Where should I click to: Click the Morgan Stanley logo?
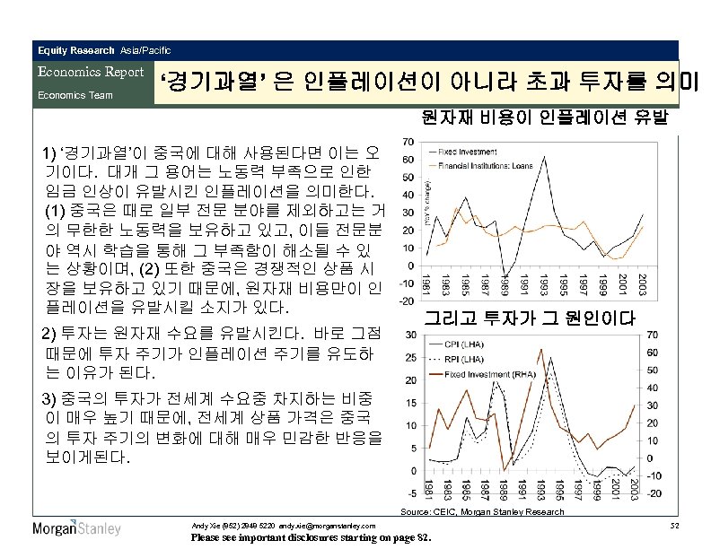coord(76,528)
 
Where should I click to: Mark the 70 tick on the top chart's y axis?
coord(407,142)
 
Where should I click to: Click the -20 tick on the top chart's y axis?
coord(405,301)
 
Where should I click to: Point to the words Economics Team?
coord(75,94)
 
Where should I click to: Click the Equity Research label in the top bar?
coord(76,50)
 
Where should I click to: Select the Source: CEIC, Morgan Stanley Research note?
coord(482,511)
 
